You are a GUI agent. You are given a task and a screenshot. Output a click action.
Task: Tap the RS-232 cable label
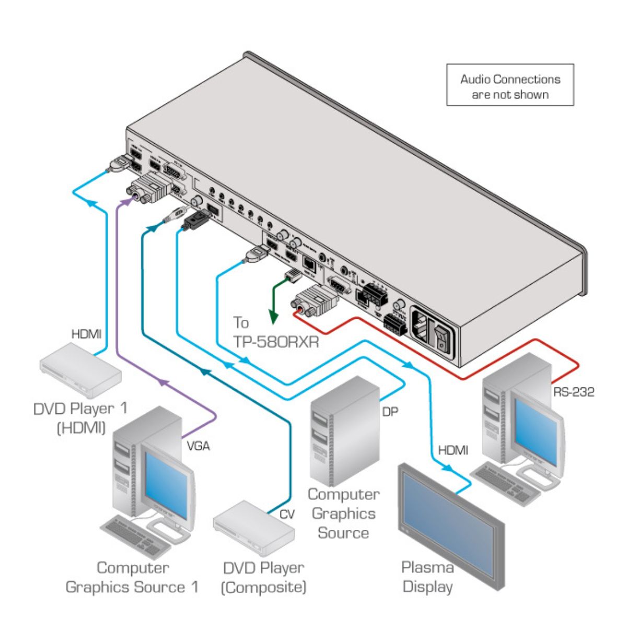point(573,392)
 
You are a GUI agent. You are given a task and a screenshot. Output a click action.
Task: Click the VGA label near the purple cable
point(198,446)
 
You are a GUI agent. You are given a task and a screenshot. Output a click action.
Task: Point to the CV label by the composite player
point(287,515)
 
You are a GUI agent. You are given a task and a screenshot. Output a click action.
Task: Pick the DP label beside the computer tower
point(390,412)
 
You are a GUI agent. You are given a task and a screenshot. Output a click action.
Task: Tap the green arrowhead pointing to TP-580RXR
point(273,316)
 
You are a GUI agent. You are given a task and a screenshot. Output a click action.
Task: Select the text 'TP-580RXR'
point(276,343)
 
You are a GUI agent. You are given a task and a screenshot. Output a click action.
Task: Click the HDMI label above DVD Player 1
point(86,334)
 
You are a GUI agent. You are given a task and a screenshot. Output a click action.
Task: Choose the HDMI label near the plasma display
point(453,450)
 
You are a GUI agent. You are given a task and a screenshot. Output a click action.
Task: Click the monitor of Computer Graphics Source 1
point(164,481)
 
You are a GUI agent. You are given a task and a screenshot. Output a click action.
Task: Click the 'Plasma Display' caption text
point(427,577)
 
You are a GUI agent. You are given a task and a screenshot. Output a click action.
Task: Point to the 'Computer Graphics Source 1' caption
point(132,577)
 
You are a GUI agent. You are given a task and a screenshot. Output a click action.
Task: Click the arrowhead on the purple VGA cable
point(163,383)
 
